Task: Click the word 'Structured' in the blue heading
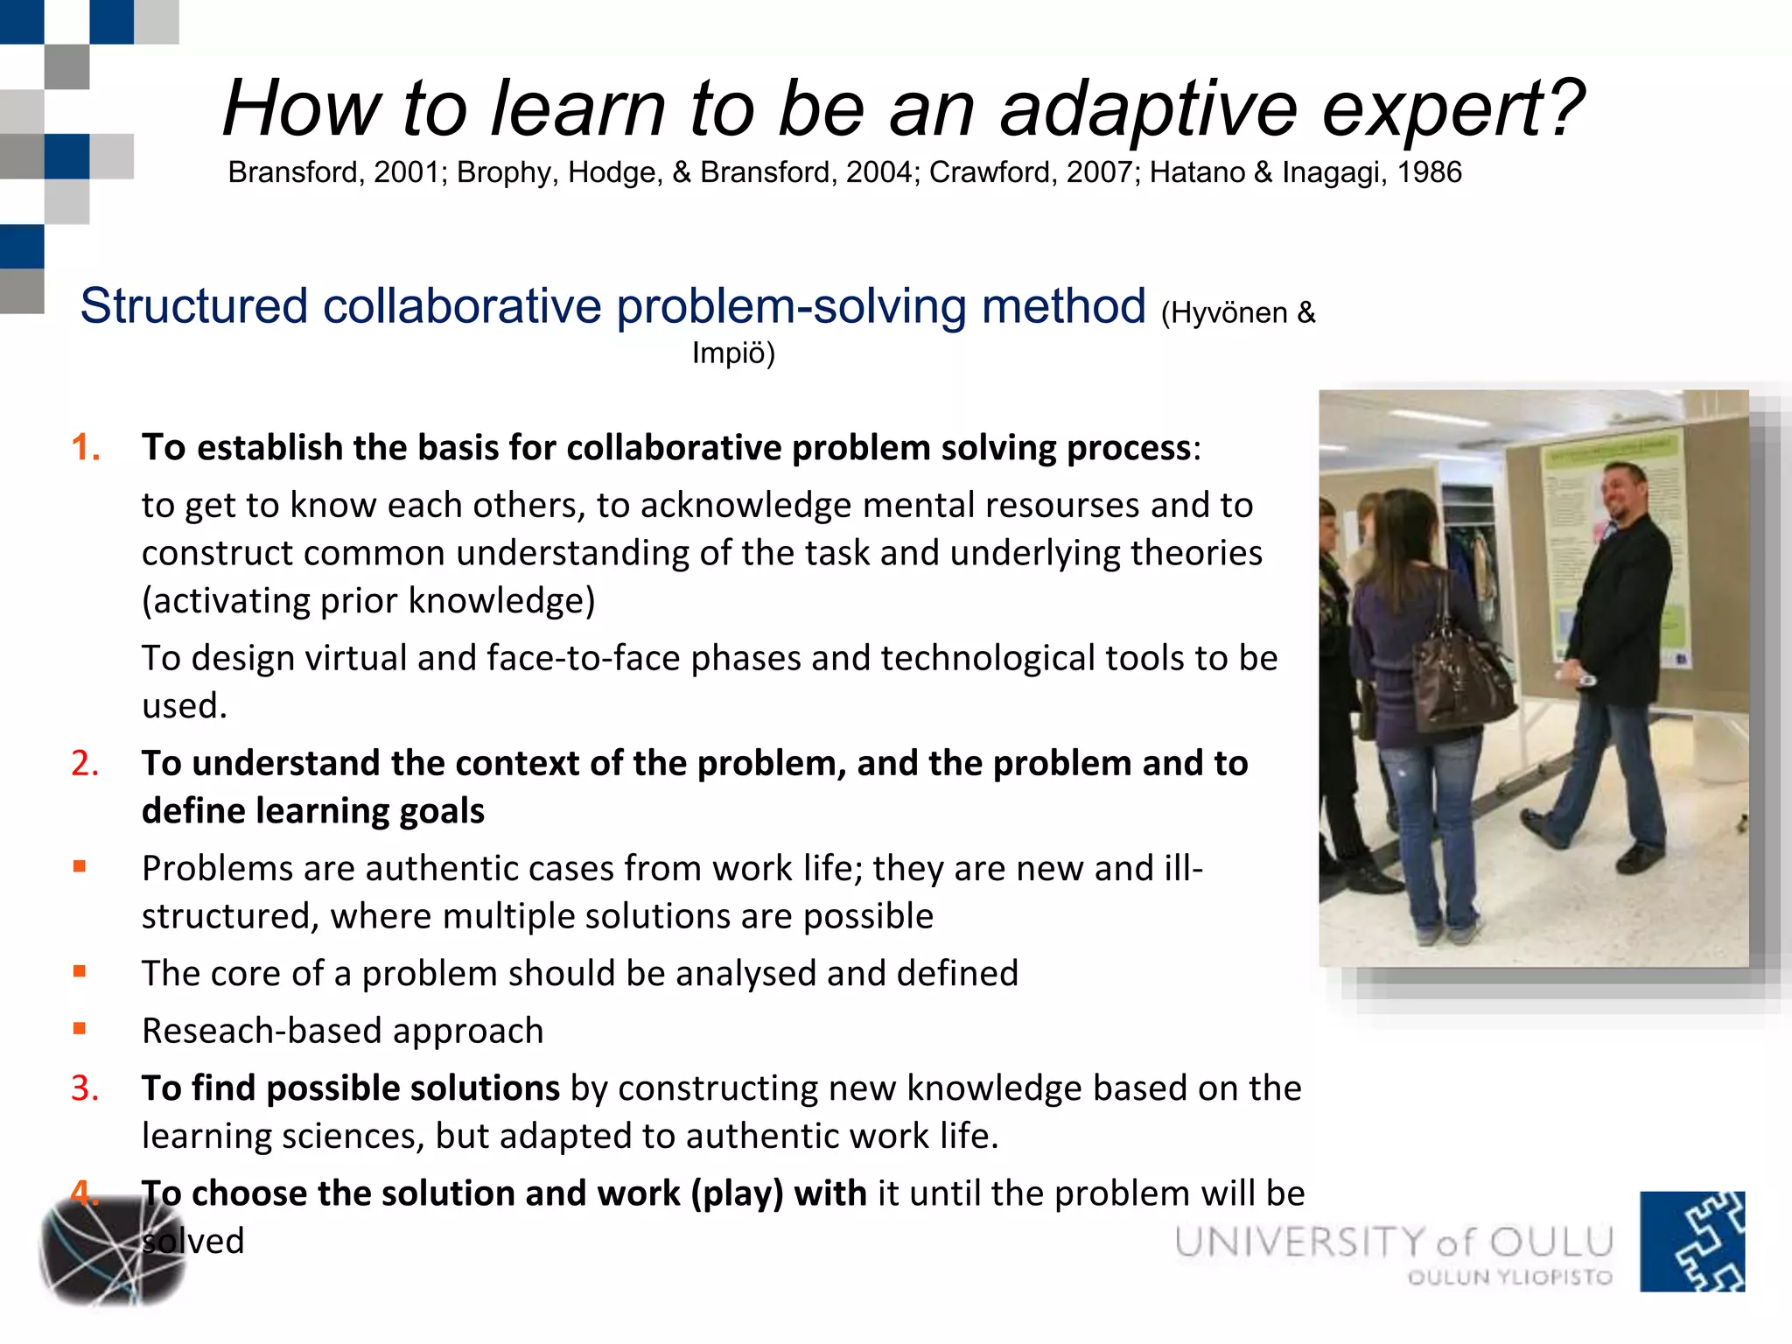click(x=193, y=306)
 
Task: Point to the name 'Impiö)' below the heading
click(x=733, y=353)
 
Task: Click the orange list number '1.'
click(x=85, y=447)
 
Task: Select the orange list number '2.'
click(x=85, y=763)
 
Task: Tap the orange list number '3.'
click(x=85, y=1088)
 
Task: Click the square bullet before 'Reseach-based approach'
click(x=80, y=1029)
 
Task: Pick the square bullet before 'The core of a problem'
click(x=80, y=971)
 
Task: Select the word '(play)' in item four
click(x=737, y=1193)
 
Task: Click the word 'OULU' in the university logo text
click(x=1550, y=1242)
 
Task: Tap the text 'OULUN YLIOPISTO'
click(x=1509, y=1277)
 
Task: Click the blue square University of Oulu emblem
click(x=1691, y=1241)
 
